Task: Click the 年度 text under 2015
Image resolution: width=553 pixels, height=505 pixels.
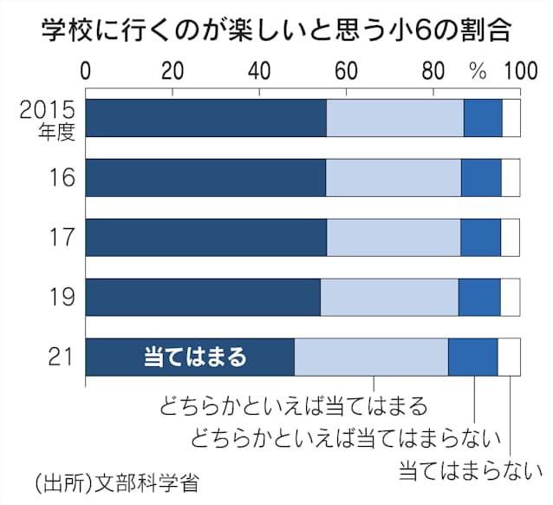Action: pyautogui.click(x=58, y=131)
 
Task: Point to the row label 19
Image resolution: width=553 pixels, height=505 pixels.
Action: pyautogui.click(x=62, y=297)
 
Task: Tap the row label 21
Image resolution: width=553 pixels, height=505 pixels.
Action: pyautogui.click(x=62, y=357)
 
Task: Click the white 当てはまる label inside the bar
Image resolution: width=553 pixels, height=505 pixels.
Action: pyautogui.click(x=194, y=357)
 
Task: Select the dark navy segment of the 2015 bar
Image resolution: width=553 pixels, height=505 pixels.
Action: pyautogui.click(x=205, y=118)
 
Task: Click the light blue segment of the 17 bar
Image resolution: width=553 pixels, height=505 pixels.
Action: pyautogui.click(x=393, y=238)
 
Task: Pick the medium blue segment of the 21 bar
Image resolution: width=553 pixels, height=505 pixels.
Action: pyautogui.click(x=472, y=357)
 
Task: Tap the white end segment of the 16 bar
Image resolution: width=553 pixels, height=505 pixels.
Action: pyautogui.click(x=511, y=178)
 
